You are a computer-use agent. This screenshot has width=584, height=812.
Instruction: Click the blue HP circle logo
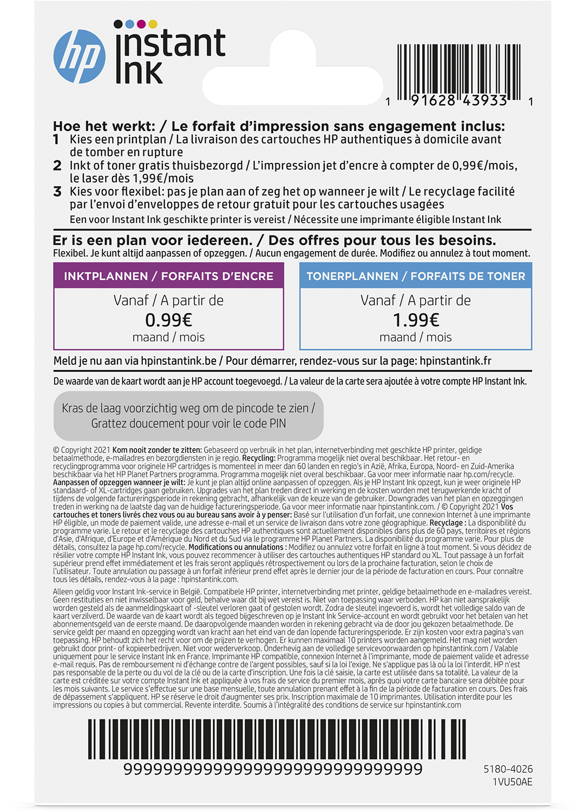point(80,57)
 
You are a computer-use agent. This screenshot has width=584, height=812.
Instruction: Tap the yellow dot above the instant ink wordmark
point(153,24)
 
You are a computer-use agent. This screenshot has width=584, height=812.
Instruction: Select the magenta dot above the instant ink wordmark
point(141,24)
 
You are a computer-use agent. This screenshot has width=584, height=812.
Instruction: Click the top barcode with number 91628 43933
point(458,70)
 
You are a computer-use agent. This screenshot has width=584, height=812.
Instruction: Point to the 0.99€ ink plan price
point(168,320)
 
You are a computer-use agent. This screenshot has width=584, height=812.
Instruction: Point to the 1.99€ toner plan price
point(416,320)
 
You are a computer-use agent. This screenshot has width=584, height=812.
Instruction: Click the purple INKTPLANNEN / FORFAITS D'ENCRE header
point(168,276)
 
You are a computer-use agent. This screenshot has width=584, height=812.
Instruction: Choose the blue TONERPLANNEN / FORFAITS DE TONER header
point(416,276)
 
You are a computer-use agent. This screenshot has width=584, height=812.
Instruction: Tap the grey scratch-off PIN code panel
point(188,416)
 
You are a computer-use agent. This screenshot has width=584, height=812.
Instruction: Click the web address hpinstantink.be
point(178,361)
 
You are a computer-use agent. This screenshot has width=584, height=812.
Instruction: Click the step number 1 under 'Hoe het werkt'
point(56,140)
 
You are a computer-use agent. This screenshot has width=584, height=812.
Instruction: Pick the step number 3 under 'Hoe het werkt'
point(57,192)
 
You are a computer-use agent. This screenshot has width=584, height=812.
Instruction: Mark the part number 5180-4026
point(508,769)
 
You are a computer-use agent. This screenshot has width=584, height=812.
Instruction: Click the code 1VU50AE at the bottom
point(512,782)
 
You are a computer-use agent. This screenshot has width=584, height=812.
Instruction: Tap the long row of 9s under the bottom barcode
point(273,769)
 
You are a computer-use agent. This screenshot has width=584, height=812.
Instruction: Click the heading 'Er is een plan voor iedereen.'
point(153,240)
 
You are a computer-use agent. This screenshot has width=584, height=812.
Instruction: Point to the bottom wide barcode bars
point(277,739)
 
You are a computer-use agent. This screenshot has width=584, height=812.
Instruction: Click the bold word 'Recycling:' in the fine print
point(259,458)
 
